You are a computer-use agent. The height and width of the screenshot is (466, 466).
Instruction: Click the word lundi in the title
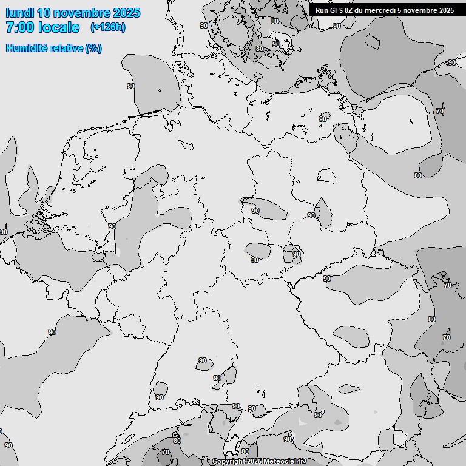(19, 13)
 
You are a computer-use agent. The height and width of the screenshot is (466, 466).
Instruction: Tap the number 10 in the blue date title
(44, 13)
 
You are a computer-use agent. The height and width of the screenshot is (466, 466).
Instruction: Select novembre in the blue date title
(83, 13)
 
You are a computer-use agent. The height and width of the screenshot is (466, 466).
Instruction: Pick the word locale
(58, 27)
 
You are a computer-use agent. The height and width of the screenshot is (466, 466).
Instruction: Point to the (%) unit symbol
(93, 49)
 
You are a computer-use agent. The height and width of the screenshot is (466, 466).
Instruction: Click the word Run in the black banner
(322, 10)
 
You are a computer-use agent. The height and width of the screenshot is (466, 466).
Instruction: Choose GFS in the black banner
(337, 10)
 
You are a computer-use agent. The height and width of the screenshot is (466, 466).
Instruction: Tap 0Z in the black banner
(352, 10)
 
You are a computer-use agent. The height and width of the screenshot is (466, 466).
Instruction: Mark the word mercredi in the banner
(383, 10)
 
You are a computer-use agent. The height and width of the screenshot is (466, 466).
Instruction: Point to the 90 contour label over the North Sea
(131, 86)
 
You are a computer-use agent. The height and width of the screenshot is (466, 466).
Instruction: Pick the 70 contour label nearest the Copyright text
(166, 452)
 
